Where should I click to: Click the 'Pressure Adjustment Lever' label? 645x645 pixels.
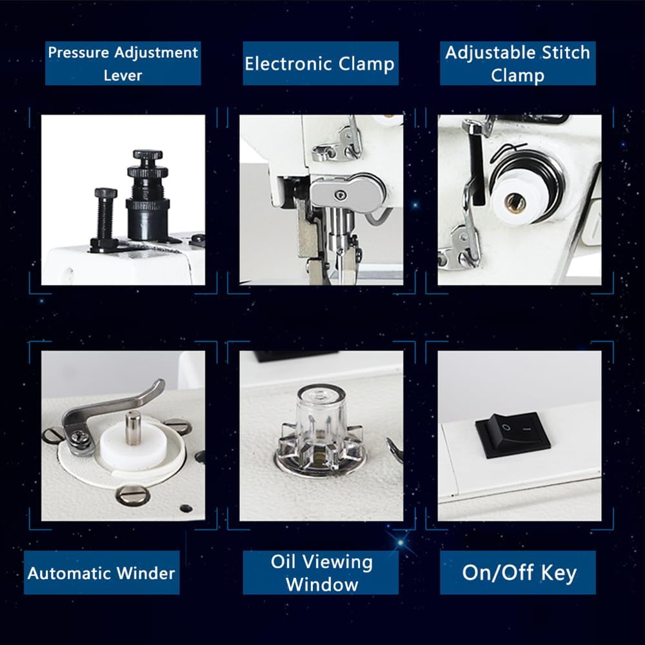pyautogui.click(x=123, y=63)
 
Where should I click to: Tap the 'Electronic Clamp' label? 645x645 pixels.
pyautogui.click(x=319, y=63)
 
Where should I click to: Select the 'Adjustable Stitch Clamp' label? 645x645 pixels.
pyautogui.click(x=517, y=63)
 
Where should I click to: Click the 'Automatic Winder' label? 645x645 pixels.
pyautogui.click(x=101, y=573)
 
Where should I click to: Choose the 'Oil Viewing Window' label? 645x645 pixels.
pyautogui.click(x=321, y=573)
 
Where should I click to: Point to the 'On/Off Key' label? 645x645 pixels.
pyautogui.click(x=519, y=573)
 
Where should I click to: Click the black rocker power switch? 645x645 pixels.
pyautogui.click(x=513, y=435)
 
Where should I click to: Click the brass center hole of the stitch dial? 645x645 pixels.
pyautogui.click(x=515, y=203)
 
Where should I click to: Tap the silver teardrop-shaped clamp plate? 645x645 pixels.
pyautogui.click(x=345, y=192)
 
